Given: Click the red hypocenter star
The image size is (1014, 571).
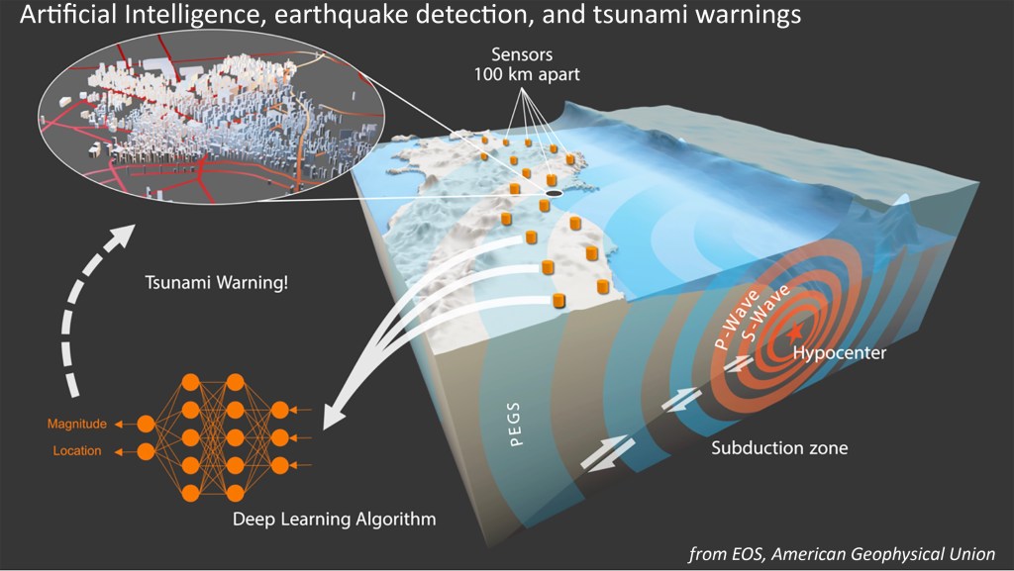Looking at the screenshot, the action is pos(795,332).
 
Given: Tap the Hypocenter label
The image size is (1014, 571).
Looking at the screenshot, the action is pos(840,353).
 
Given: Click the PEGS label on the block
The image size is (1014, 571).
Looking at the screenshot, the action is pos(515,425).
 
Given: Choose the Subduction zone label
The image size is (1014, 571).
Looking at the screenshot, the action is pos(779,447).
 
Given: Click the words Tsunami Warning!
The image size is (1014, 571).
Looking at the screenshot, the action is pos(216,283).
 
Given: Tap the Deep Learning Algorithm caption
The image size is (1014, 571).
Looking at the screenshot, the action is pos(334,520).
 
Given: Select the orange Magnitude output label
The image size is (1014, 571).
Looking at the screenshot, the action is pos(77,425).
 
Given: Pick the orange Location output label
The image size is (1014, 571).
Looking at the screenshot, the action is pos(77,451).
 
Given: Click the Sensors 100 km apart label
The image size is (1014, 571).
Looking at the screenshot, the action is pos(527,64).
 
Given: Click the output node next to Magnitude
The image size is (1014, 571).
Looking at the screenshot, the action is pos(147,425).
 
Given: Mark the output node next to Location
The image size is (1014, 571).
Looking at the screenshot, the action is pos(147,451).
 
